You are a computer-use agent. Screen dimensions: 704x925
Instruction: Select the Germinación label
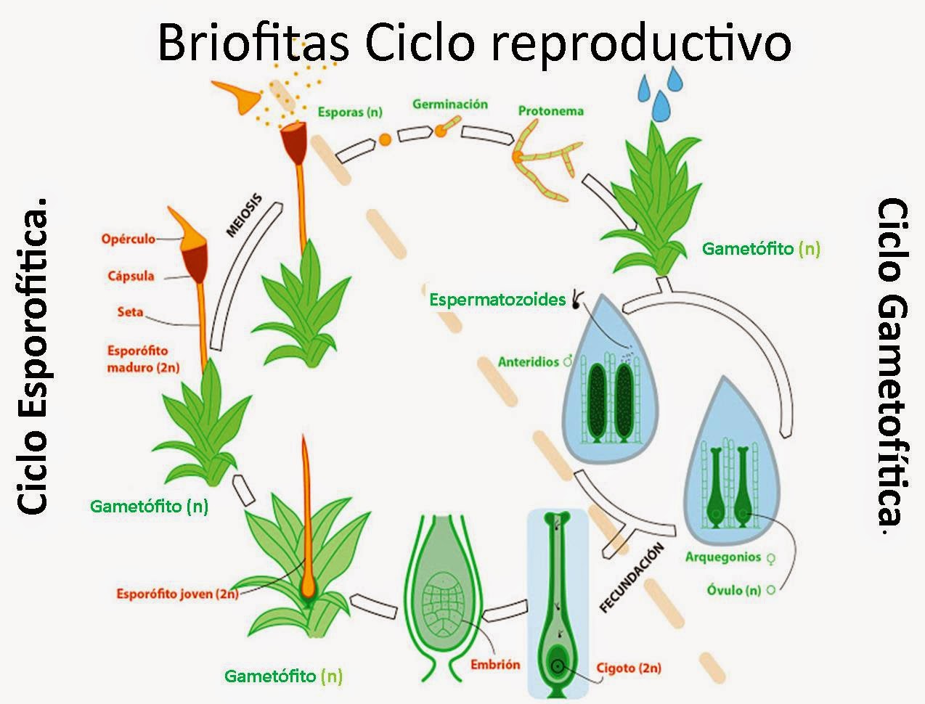[x=450, y=105]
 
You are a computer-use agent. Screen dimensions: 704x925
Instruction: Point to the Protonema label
[x=551, y=111]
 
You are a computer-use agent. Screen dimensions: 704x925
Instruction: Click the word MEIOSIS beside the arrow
[x=243, y=216]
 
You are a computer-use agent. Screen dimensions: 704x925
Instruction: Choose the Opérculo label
[x=129, y=238]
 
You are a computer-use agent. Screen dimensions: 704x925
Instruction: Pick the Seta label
[x=130, y=312]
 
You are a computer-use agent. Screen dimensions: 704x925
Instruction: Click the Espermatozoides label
[x=497, y=299]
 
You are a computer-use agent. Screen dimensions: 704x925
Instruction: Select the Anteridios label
[x=528, y=361]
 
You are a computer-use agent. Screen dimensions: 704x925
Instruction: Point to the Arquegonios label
[x=723, y=557]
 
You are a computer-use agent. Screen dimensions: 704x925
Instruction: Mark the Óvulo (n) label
[x=734, y=590]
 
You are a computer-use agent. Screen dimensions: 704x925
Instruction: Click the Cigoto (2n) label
[x=629, y=668]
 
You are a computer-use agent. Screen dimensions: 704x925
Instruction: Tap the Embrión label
[x=495, y=664]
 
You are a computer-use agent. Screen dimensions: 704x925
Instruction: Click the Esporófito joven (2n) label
[x=177, y=594]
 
